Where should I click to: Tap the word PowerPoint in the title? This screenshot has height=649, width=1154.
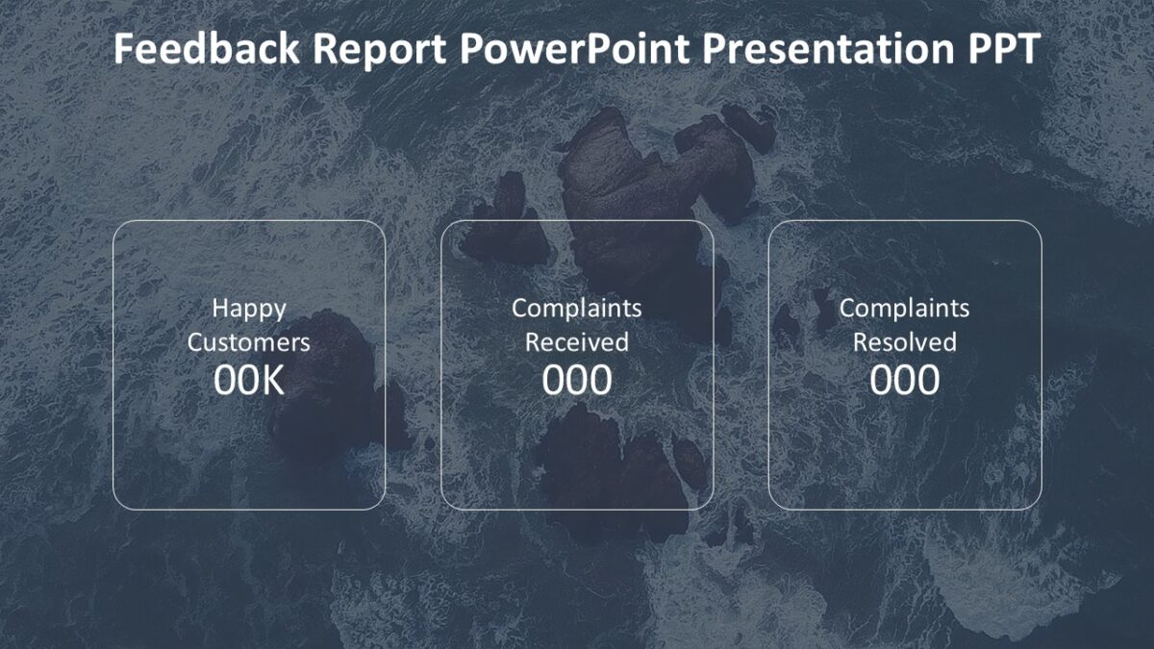pyautogui.click(x=575, y=50)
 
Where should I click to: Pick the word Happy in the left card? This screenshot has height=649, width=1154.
pyautogui.click(x=249, y=309)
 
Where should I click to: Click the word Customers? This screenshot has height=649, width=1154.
pyautogui.click(x=249, y=342)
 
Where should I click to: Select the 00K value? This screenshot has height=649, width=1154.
pyautogui.click(x=249, y=382)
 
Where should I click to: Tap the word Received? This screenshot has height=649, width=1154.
pyautogui.click(x=577, y=342)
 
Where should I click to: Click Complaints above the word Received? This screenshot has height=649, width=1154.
pyautogui.click(x=577, y=309)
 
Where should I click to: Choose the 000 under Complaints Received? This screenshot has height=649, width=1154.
pyautogui.click(x=577, y=382)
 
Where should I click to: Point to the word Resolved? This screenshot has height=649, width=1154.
pyautogui.click(x=905, y=342)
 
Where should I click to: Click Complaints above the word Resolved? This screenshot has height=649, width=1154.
pyautogui.click(x=905, y=309)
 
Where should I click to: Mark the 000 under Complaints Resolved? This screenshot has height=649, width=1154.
pyautogui.click(x=905, y=382)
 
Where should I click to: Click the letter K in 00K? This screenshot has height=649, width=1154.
pyautogui.click(x=273, y=382)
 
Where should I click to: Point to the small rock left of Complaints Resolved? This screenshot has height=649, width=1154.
pyautogui.click(x=789, y=322)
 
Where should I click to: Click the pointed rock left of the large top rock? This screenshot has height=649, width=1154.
pyautogui.click(x=505, y=226)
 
